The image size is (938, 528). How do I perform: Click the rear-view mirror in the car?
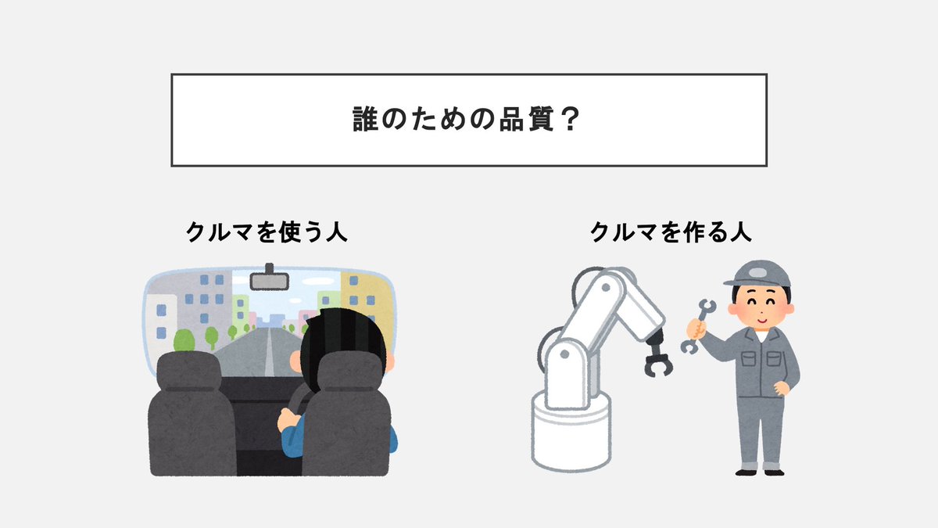tap(269, 279)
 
